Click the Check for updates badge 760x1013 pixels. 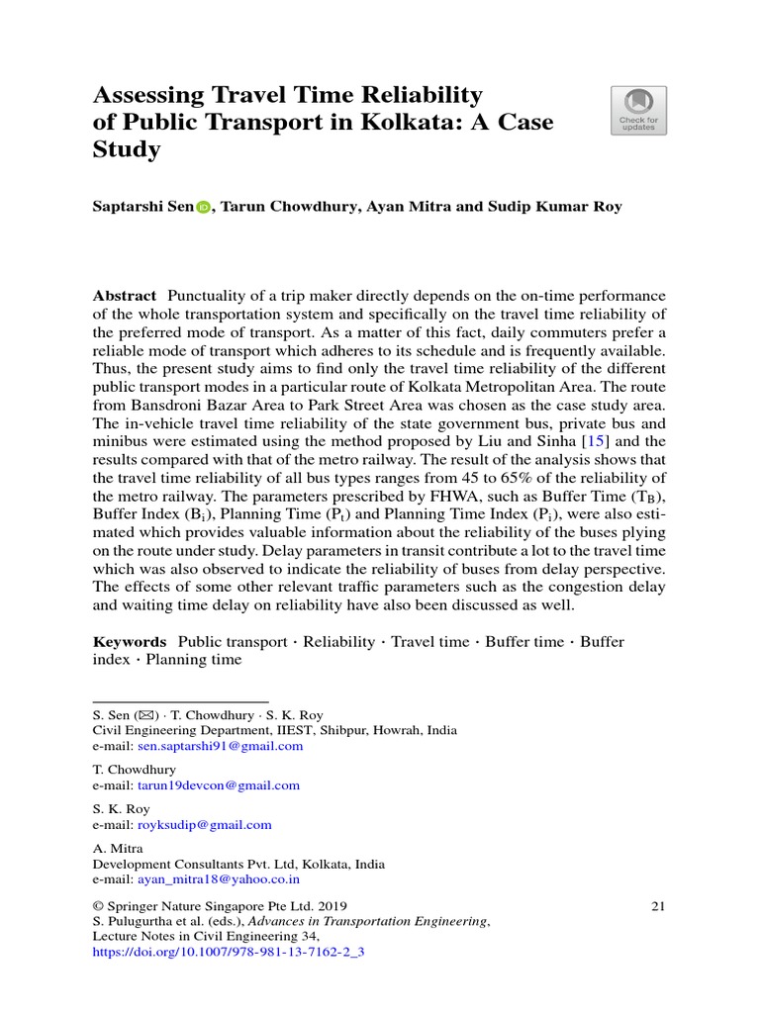coord(638,110)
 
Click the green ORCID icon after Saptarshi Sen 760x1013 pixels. coord(204,208)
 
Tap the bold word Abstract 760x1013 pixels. coord(125,297)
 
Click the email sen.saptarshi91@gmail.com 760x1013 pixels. coord(220,746)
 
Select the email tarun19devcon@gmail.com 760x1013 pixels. coord(218,785)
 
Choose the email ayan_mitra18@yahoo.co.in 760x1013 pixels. coord(219,878)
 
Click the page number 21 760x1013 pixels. coord(659,905)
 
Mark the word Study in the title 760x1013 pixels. coord(126,150)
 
